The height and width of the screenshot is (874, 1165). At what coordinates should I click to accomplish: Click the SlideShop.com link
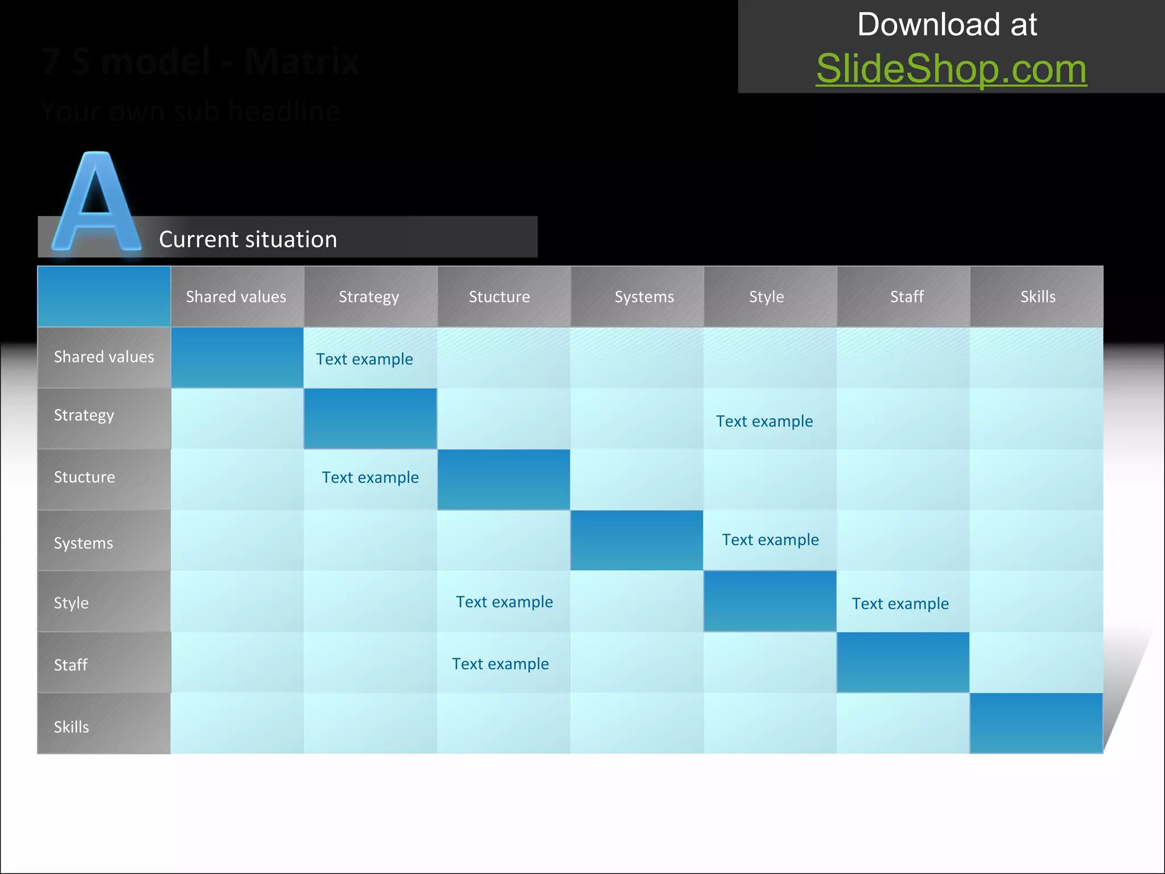[x=951, y=69]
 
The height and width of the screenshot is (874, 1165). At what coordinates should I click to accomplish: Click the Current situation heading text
[x=248, y=240]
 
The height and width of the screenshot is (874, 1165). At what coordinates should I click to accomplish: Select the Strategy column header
[x=369, y=297]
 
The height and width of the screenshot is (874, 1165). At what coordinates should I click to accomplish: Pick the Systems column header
[x=644, y=297]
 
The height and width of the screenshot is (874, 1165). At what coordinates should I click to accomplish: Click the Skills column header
[x=1038, y=297]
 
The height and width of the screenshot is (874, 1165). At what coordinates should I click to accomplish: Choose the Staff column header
[x=907, y=297]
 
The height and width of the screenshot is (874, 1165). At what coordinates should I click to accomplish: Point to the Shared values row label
[x=104, y=357]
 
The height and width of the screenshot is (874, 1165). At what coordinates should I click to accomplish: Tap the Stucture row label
[x=84, y=477]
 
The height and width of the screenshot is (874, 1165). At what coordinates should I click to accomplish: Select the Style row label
[x=71, y=603]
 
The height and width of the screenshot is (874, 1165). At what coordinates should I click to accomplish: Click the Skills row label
[x=71, y=727]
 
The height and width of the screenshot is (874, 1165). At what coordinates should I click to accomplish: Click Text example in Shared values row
[x=365, y=359]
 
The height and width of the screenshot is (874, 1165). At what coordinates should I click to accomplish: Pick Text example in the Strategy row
[x=764, y=421]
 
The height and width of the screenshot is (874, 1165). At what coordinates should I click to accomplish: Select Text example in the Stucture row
[x=370, y=477]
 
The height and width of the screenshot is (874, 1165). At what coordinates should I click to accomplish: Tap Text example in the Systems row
[x=770, y=539]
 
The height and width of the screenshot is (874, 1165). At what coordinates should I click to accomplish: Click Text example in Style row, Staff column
[x=900, y=604]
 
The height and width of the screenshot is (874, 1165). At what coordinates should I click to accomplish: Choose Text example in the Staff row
[x=501, y=664]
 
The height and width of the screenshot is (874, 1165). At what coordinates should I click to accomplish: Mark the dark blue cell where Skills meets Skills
[x=1036, y=723]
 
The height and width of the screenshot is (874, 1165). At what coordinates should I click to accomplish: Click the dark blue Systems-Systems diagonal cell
[x=637, y=541]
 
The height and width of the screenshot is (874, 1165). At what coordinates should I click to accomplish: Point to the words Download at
[x=947, y=24]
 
